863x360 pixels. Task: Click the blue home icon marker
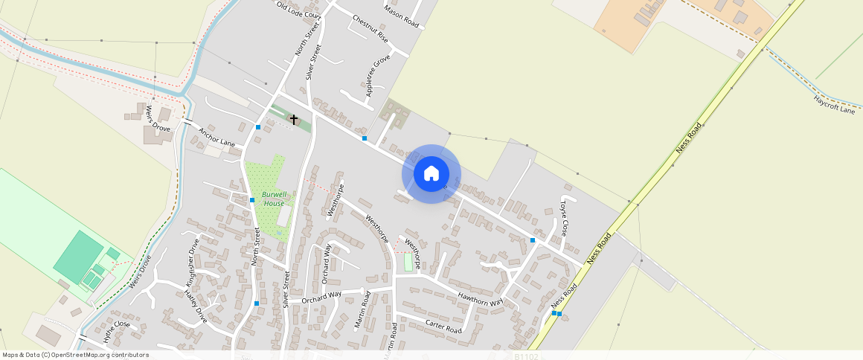point(431,174)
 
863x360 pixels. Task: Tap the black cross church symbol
point(293,119)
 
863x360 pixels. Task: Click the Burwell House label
point(273,199)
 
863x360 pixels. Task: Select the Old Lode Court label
point(298,10)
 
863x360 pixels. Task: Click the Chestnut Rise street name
point(370,28)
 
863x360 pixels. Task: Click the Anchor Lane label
point(216,136)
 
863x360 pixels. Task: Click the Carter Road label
point(443,326)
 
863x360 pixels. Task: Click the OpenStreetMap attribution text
point(76,355)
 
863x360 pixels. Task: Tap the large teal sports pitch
point(78,254)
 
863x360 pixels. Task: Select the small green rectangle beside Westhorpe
point(408,263)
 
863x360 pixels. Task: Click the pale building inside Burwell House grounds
point(284,216)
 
